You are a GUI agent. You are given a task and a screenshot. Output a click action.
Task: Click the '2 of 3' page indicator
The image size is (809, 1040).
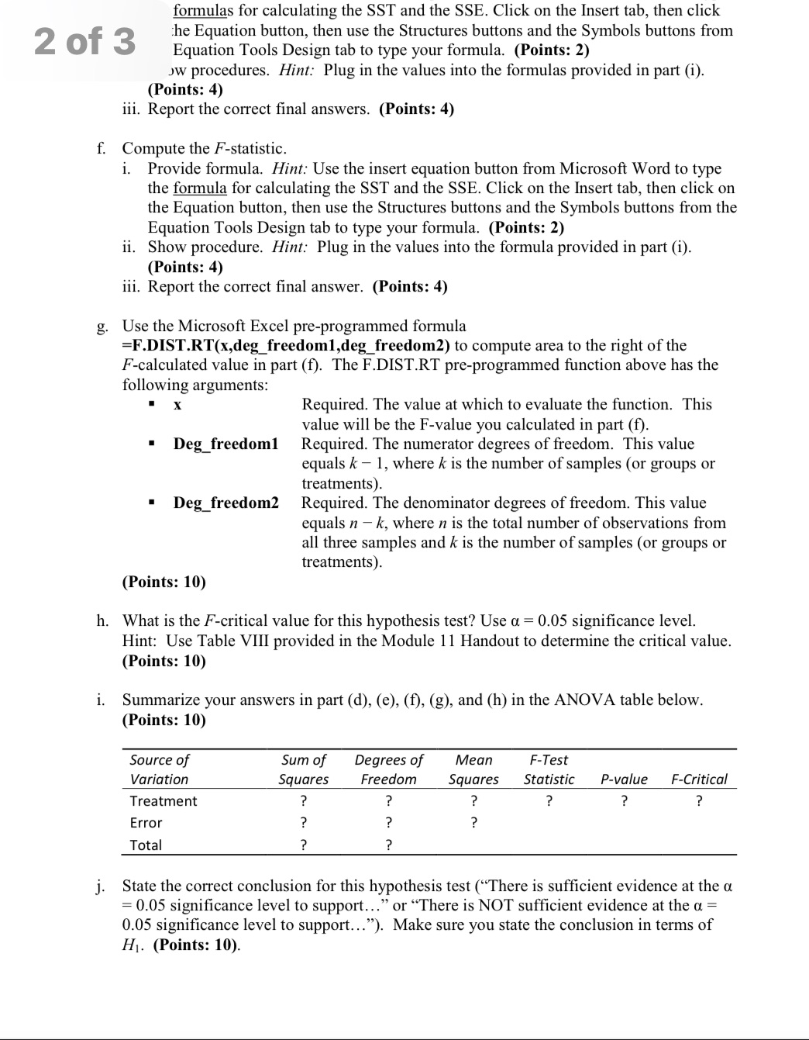84,41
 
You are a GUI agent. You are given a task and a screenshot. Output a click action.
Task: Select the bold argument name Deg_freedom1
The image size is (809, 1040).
225,444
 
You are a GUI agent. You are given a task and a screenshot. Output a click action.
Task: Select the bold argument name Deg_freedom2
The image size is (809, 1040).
225,503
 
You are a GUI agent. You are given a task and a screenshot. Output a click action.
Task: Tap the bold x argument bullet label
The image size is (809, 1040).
177,405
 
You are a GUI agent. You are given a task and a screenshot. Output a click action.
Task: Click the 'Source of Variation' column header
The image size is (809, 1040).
159,769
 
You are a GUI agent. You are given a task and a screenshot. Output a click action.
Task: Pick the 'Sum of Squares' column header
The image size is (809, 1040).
303,769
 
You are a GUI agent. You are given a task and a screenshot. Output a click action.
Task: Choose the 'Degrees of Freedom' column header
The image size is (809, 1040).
388,769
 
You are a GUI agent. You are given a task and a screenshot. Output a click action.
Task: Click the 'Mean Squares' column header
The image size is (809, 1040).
473,769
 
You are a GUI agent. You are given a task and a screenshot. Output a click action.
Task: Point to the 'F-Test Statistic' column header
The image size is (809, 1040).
549,769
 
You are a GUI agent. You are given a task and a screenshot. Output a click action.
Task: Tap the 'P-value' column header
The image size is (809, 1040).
624,779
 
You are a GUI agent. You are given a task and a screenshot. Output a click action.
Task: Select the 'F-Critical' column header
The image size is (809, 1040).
699,779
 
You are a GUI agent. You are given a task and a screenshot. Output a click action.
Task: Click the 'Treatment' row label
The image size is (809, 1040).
164,801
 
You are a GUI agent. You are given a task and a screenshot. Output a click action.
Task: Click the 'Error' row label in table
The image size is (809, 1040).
146,823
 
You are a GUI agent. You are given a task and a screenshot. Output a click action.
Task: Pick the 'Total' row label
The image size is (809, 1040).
146,845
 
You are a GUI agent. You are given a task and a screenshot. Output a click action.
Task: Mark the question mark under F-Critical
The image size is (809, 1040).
699,801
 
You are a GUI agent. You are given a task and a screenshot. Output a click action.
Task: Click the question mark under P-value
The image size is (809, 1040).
624,801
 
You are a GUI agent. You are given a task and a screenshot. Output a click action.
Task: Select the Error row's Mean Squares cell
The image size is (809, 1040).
473,823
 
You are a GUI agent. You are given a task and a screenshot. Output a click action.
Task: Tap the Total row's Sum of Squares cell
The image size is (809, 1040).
303,845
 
